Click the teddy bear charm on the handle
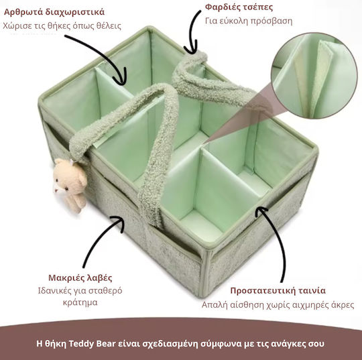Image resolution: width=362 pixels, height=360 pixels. tap(70, 185)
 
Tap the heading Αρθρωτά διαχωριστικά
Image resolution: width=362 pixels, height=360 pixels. tap(54, 12)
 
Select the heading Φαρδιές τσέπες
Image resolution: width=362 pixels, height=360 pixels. tap(239, 7)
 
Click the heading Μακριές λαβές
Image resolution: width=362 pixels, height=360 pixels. tap(80, 278)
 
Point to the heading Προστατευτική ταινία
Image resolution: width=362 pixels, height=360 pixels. tap(278, 290)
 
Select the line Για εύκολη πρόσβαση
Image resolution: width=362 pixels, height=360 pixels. tap(249, 21)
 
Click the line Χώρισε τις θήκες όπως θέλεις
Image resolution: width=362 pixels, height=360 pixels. tap(62, 26)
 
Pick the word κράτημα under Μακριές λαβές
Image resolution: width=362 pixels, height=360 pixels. tap(80, 302)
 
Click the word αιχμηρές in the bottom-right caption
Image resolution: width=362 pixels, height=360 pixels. tap(310, 305)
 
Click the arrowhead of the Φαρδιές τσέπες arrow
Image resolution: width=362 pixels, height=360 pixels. tap(190, 48)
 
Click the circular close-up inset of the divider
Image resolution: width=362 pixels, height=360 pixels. tap(314, 76)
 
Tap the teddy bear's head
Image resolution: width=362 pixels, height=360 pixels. tap(69, 172)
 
